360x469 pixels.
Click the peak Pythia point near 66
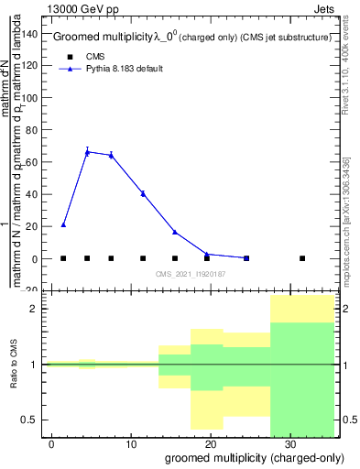87,152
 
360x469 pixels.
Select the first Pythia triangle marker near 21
63,224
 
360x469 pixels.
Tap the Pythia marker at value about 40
143,193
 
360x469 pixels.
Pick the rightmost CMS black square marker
302,258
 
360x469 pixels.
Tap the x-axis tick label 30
289,444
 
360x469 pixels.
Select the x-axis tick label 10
131,444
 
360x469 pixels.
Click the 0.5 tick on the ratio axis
33,420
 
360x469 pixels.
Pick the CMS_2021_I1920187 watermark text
191,274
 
